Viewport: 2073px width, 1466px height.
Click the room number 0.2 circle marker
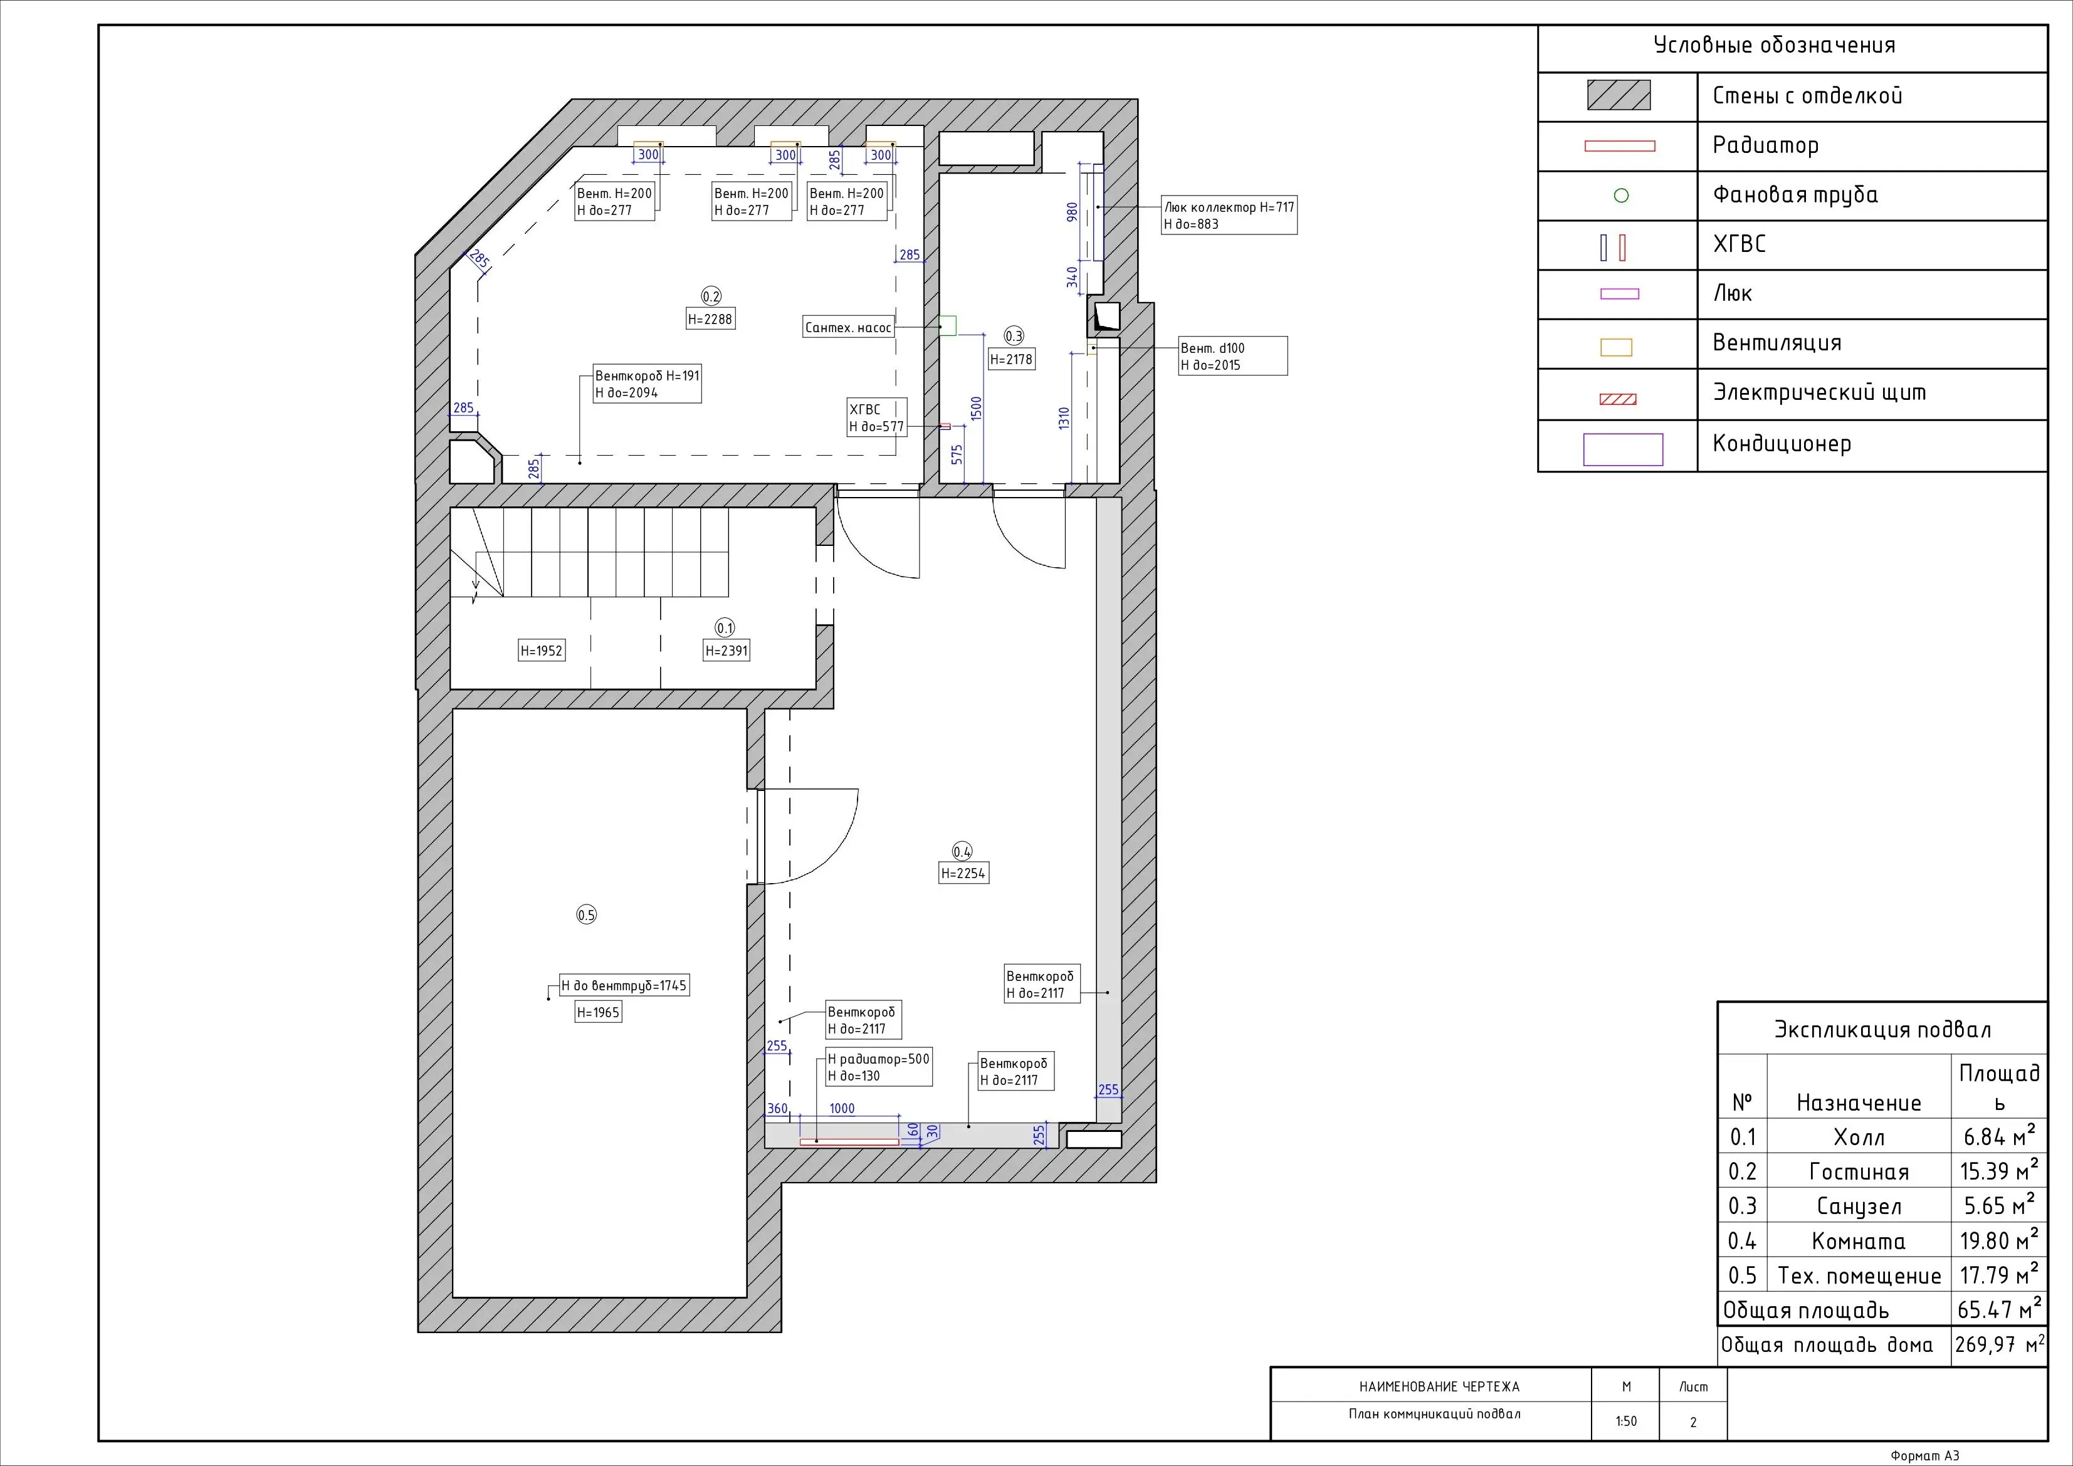click(711, 296)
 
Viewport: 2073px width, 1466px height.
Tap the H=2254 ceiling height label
click(963, 873)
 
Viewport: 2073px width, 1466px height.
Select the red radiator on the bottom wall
click(849, 1142)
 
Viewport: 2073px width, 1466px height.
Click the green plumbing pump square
click(947, 326)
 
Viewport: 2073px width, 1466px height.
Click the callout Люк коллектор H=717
click(1229, 207)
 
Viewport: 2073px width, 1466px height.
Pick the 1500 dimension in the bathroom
click(976, 408)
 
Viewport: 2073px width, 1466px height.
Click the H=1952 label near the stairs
click(542, 650)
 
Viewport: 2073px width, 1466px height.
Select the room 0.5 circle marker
click(587, 914)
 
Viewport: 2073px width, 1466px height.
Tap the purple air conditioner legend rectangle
click(1622, 449)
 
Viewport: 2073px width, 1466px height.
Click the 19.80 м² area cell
click(1999, 1240)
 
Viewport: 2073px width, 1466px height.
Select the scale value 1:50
click(1626, 1421)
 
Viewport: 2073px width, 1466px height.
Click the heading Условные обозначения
click(1774, 46)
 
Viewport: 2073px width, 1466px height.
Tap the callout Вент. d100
click(1212, 348)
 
